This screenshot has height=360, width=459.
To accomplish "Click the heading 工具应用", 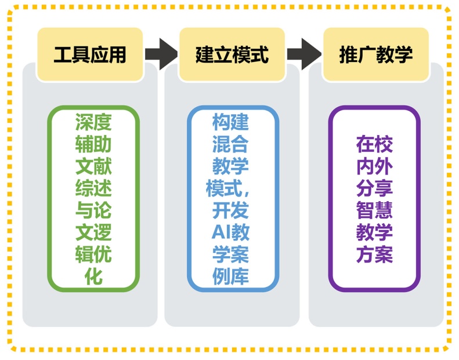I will pyautogui.click(x=90, y=55).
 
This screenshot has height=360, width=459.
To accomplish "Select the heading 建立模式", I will pyautogui.click(x=232, y=55).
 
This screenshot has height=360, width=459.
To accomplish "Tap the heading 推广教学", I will pyautogui.click(x=376, y=55).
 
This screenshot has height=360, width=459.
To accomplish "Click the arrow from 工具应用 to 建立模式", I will pyautogui.click(x=161, y=54).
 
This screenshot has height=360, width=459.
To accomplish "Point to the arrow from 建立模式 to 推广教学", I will pyautogui.click(x=303, y=54).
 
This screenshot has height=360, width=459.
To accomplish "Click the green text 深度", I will pyautogui.click(x=93, y=122).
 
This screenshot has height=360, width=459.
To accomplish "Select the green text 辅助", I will pyautogui.click(x=93, y=144).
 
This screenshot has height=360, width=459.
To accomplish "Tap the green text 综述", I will pyautogui.click(x=93, y=188).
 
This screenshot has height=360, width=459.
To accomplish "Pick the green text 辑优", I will pyautogui.click(x=93, y=254).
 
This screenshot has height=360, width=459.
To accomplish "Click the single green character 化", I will pyautogui.click(x=93, y=277).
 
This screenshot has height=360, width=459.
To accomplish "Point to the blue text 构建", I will pyautogui.click(x=230, y=122).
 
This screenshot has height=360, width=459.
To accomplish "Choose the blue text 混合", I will pyautogui.click(x=230, y=144).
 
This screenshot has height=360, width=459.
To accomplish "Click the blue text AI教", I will pyautogui.click(x=230, y=232).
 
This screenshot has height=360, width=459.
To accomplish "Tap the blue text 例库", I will pyautogui.click(x=230, y=277).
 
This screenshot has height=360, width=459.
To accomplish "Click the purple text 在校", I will pyautogui.click(x=374, y=144).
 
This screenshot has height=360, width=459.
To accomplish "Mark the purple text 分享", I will pyautogui.click(x=374, y=188).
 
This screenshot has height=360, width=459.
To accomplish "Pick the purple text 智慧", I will pyautogui.click(x=374, y=210).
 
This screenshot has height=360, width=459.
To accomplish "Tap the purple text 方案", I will pyautogui.click(x=374, y=254).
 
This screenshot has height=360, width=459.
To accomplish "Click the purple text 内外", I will pyautogui.click(x=374, y=166).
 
